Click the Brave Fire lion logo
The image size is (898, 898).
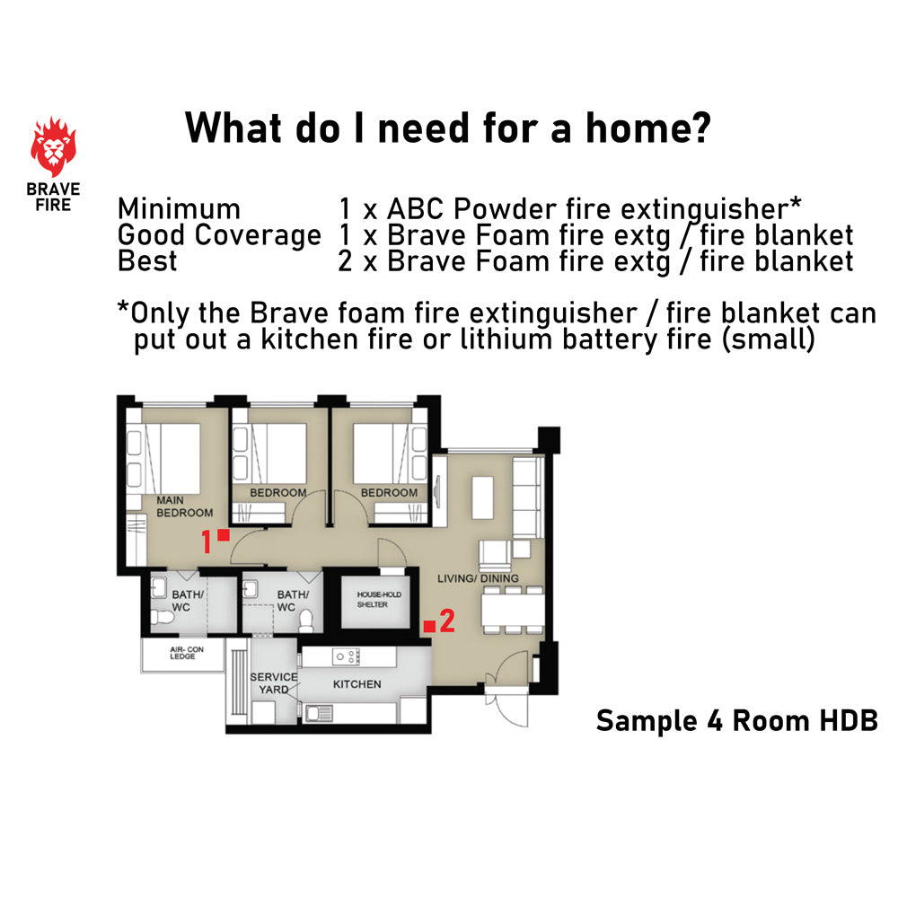pos(53,146)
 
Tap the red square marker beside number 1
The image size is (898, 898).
pos(224,535)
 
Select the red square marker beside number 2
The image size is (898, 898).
pos(429,626)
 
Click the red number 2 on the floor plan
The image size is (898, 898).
pos(447,621)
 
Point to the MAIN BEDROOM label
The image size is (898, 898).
pos(184,506)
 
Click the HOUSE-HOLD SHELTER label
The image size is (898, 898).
pos(379,600)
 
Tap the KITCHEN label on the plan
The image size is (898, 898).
pos(357,684)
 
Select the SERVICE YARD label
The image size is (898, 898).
pos(274,683)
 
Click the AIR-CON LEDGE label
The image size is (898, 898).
pos(186,653)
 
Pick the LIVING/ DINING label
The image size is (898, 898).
pos(478,578)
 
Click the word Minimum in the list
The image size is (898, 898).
pos(179,208)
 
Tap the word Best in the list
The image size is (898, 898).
pos(147,261)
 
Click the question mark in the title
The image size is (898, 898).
pos(698,128)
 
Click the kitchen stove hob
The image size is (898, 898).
pos(347,657)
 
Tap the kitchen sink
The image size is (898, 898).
pos(319,713)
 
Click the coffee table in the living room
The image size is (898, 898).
pos(482,497)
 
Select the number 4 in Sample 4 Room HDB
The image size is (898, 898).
pos(715,720)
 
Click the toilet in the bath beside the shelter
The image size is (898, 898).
pos(306,621)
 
